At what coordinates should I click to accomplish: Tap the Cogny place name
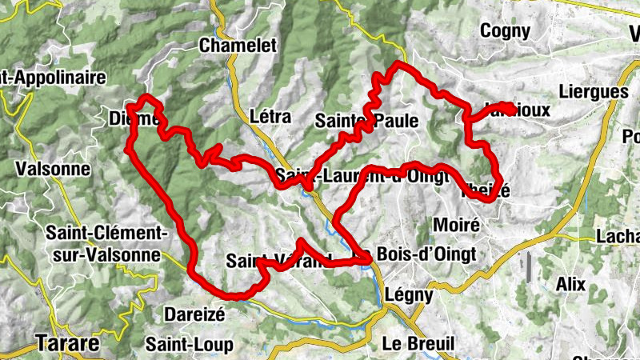pos(506,31)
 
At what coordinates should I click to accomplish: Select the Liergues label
pos(594,92)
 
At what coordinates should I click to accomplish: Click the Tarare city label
pos(67,344)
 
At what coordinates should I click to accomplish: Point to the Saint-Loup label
pos(190,345)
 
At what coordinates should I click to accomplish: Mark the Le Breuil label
pos(418,343)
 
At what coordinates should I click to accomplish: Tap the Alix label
pos(571,284)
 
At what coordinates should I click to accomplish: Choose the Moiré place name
pos(455,226)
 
